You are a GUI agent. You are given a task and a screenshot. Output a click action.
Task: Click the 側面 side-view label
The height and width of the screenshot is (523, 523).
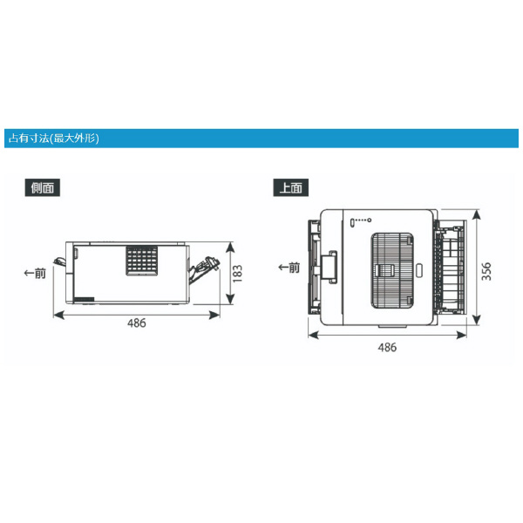[43, 187]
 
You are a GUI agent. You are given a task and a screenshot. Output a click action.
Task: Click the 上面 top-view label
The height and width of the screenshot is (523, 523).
[290, 187]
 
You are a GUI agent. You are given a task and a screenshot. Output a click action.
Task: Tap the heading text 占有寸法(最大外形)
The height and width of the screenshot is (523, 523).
[54, 138]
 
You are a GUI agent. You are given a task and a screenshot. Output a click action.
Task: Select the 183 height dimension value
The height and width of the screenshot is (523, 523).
[237, 274]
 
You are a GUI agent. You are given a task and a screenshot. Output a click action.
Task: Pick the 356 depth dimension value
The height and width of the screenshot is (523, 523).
[486, 271]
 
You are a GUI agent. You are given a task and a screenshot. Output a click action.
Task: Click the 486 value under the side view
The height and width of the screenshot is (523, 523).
[137, 323]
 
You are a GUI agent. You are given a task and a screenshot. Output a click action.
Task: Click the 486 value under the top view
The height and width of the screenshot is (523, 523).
[387, 347]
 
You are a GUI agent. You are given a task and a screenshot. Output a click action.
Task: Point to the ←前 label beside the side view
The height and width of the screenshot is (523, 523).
[35, 274]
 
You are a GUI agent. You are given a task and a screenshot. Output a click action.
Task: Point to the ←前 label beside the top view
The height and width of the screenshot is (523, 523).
[289, 268]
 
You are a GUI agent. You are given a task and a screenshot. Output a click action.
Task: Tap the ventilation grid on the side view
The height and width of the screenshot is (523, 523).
[142, 261]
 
